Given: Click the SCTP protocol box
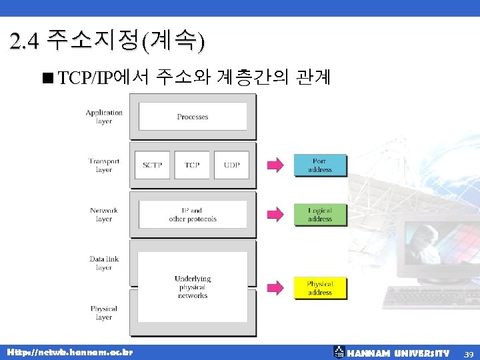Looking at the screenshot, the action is (x=152, y=165).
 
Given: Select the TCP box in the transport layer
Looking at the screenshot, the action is (x=192, y=165).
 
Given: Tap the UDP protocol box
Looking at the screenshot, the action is (x=232, y=165).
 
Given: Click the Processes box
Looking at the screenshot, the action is (x=193, y=117).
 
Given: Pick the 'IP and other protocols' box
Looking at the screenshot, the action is (x=193, y=215).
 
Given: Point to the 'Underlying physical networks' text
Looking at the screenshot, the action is (x=193, y=287).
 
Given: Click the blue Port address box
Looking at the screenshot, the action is (x=320, y=165).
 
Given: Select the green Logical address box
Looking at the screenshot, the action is (x=320, y=215).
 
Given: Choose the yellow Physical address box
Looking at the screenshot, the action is (x=320, y=288).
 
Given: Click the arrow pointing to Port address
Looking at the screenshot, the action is (x=275, y=165).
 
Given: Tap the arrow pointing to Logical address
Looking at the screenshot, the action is (x=275, y=215).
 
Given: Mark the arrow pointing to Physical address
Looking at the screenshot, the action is (x=275, y=288).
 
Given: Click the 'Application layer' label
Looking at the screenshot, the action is (x=104, y=117).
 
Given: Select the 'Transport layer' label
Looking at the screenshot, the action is (x=104, y=165).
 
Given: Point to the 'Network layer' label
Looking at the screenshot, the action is (x=104, y=215).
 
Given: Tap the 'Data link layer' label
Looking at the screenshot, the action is (x=104, y=263).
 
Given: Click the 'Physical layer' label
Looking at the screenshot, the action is (x=104, y=313).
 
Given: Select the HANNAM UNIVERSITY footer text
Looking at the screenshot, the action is (x=398, y=353).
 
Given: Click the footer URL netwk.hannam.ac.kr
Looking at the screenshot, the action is (x=69, y=351).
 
